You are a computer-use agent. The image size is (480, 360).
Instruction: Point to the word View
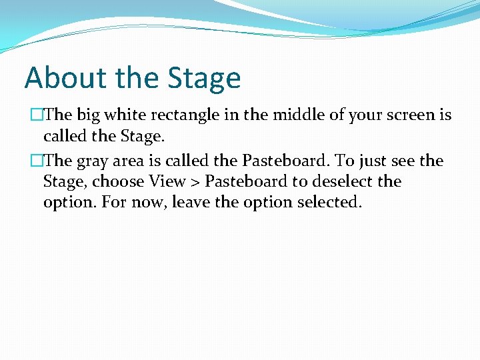click(x=167, y=181)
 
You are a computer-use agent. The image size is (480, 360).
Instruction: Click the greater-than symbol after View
click(x=195, y=182)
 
